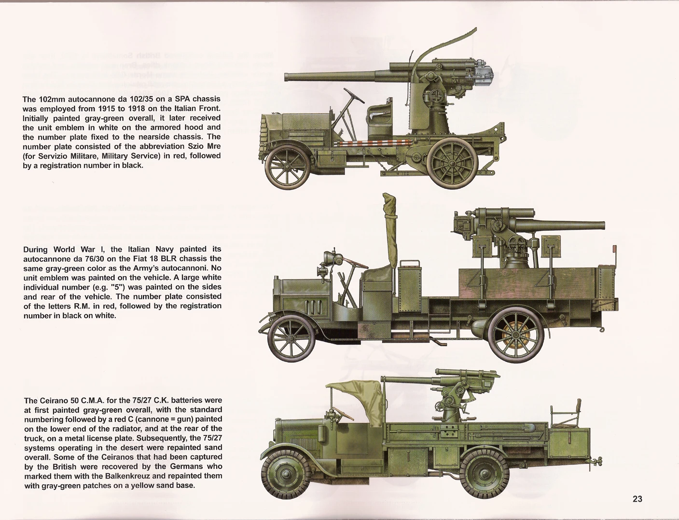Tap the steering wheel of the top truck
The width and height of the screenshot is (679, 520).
pyautogui.click(x=354, y=96)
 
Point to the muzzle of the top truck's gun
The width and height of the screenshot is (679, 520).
pyautogui.click(x=286, y=77)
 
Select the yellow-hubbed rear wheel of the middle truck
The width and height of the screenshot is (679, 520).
pyautogui.click(x=515, y=335)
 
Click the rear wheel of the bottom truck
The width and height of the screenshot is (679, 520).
pyautogui.click(x=484, y=475)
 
